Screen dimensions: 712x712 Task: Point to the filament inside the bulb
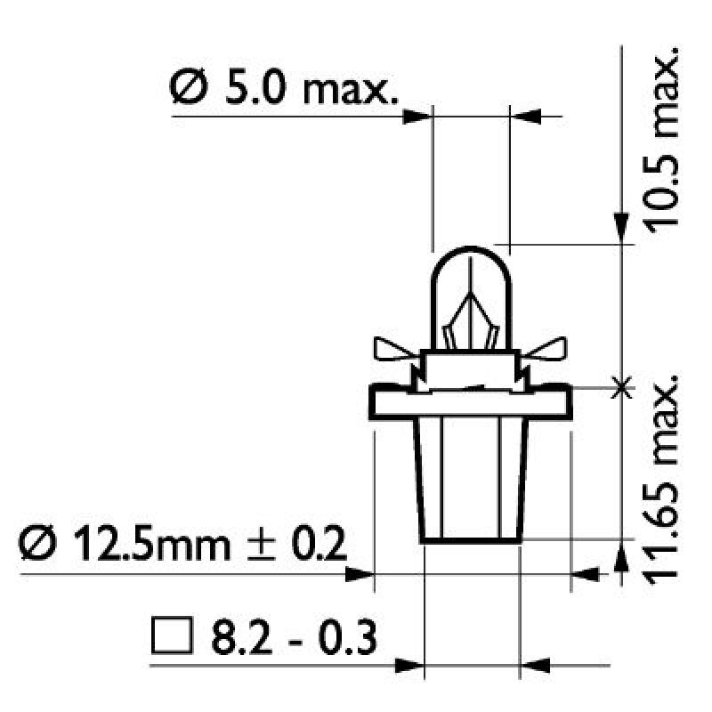click(469, 325)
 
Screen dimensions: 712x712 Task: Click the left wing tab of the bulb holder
click(392, 350)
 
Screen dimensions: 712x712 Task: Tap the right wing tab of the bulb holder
click(548, 350)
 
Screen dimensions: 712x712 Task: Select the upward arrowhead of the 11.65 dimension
click(621, 554)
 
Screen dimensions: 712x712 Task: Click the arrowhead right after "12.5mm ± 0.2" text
click(360, 575)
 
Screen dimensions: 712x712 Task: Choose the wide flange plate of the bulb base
click(470, 404)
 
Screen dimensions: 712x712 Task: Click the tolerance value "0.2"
click(315, 544)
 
